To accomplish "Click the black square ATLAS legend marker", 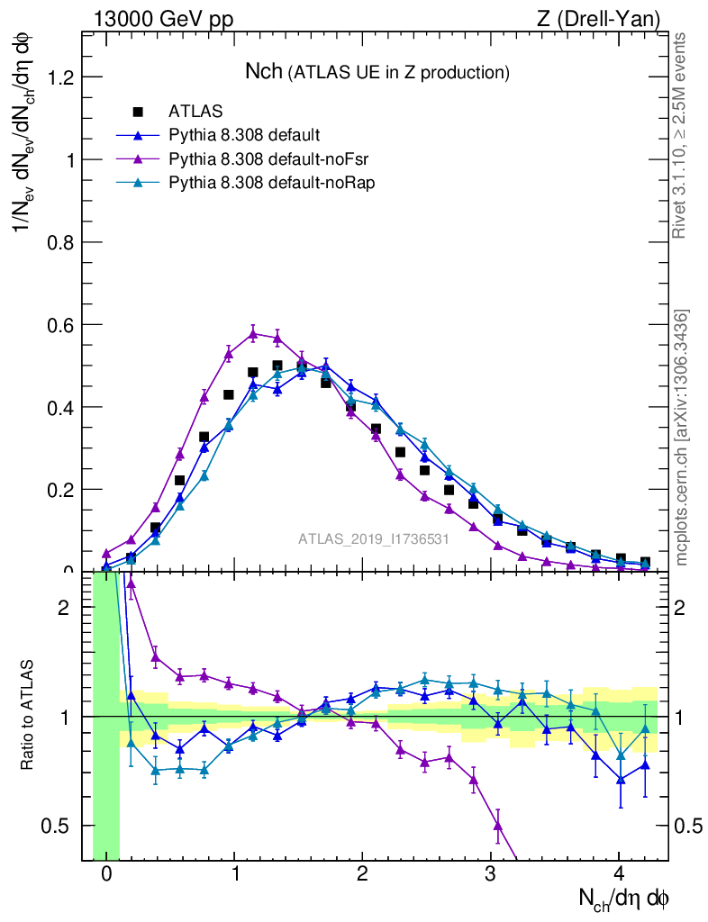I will click(x=138, y=113).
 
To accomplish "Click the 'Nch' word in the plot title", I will click(x=264, y=71).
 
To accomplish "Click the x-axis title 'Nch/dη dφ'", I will click(x=624, y=898).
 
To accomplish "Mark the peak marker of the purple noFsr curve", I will click(x=253, y=333).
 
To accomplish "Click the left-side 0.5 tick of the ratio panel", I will click(x=59, y=826).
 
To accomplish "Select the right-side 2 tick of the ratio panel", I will click(x=681, y=608).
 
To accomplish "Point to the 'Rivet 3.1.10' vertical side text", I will click(x=680, y=135).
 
